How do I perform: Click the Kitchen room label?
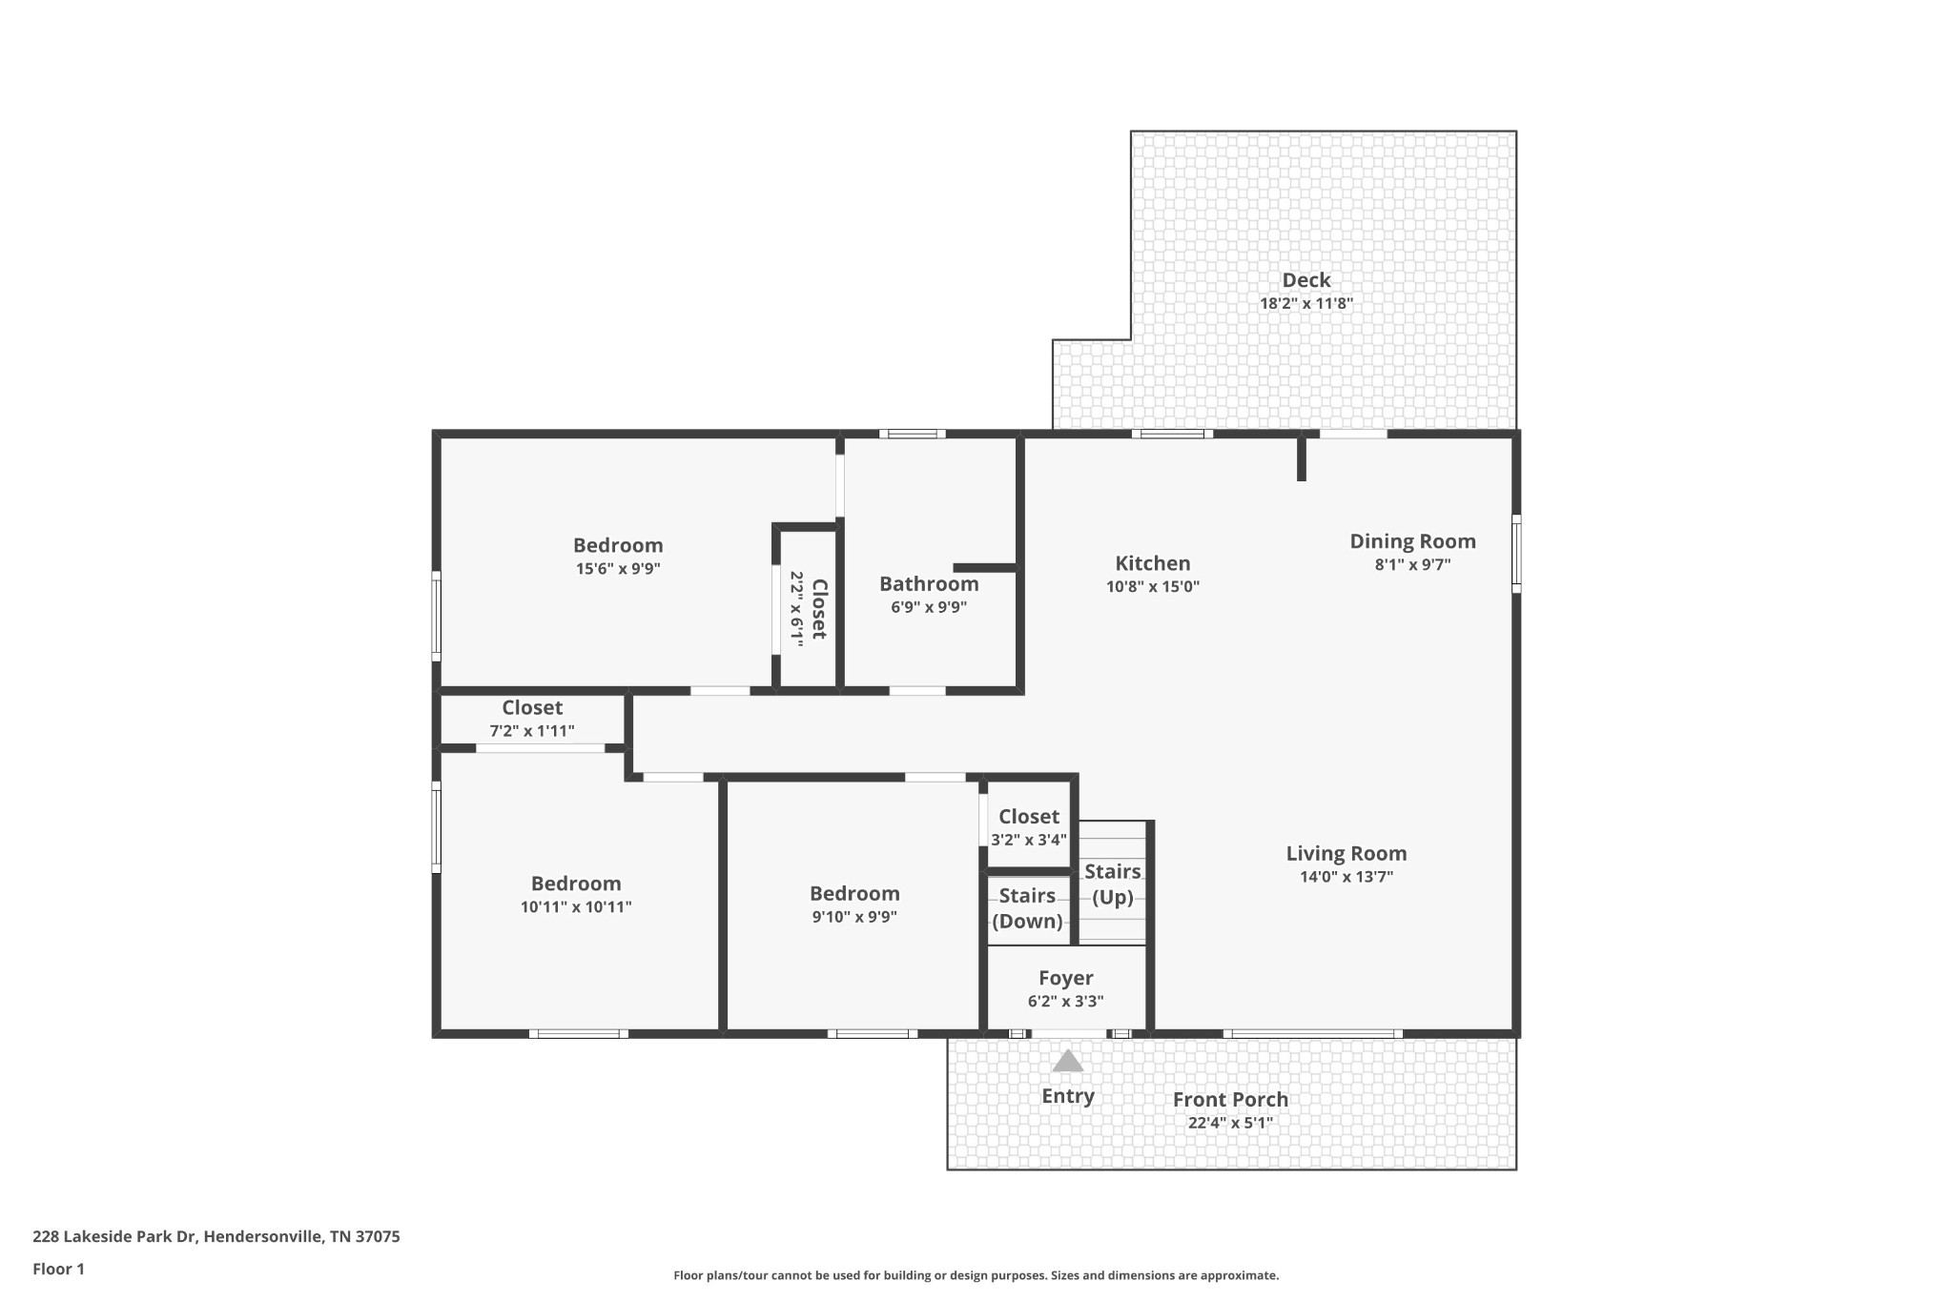[x=1153, y=563]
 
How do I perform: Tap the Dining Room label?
[x=1412, y=541]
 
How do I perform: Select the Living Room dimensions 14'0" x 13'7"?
[x=1347, y=877]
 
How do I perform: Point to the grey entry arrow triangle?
[x=1068, y=1061]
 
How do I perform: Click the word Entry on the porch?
[x=1068, y=1096]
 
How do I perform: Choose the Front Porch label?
[x=1230, y=1100]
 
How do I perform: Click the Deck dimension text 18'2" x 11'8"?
[x=1306, y=304]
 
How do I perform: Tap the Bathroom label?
[x=929, y=584]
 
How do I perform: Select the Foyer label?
[x=1066, y=979]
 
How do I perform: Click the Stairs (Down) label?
[x=1027, y=908]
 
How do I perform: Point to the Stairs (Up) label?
[x=1112, y=884]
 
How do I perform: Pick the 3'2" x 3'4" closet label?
[x=1029, y=827]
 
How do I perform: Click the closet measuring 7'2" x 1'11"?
[x=532, y=719]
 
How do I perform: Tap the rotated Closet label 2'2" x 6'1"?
[x=808, y=609]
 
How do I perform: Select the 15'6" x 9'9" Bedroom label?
[x=618, y=557]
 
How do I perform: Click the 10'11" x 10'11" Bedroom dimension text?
[x=576, y=907]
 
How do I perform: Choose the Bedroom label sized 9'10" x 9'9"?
[x=854, y=905]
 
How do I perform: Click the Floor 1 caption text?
[x=58, y=1270]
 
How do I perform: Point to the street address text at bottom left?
[x=216, y=1237]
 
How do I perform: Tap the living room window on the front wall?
[x=1312, y=1034]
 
